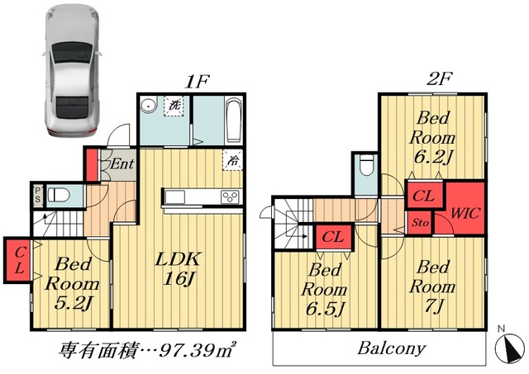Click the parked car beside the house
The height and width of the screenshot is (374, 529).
[x=72, y=70]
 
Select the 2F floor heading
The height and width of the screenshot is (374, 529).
[x=439, y=78]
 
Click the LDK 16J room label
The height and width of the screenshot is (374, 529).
[x=179, y=268]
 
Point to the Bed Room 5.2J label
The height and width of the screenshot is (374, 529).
[x=72, y=284]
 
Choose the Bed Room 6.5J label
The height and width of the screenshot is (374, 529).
[x=325, y=290]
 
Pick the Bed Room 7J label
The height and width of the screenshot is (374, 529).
[x=432, y=286]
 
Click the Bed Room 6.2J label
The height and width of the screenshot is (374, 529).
[x=432, y=138]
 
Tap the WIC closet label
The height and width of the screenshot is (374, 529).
[x=465, y=213]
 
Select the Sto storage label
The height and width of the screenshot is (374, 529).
[x=421, y=223]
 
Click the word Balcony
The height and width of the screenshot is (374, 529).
[x=391, y=348]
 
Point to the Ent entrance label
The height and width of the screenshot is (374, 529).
[x=122, y=164]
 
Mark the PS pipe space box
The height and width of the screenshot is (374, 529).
[x=38, y=196]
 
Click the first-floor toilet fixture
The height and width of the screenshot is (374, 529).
[x=59, y=195]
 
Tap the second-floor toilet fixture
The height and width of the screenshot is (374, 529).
[x=367, y=165]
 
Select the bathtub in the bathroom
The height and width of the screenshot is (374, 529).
[x=233, y=120]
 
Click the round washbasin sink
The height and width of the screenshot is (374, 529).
[x=149, y=105]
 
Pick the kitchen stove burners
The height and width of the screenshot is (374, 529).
[x=230, y=196]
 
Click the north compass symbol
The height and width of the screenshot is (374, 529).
[x=509, y=345]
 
